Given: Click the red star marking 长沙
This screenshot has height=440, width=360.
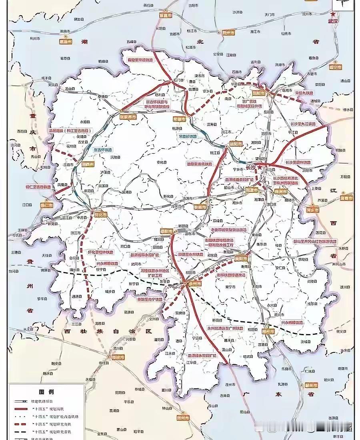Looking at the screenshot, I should [260, 166].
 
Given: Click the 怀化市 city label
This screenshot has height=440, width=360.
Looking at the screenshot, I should [101, 214].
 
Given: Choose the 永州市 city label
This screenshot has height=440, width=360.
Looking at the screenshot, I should [195, 283].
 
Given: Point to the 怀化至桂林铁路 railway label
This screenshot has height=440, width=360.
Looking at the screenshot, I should [100, 253].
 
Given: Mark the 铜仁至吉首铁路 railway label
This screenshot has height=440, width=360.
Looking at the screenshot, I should [38, 187].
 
